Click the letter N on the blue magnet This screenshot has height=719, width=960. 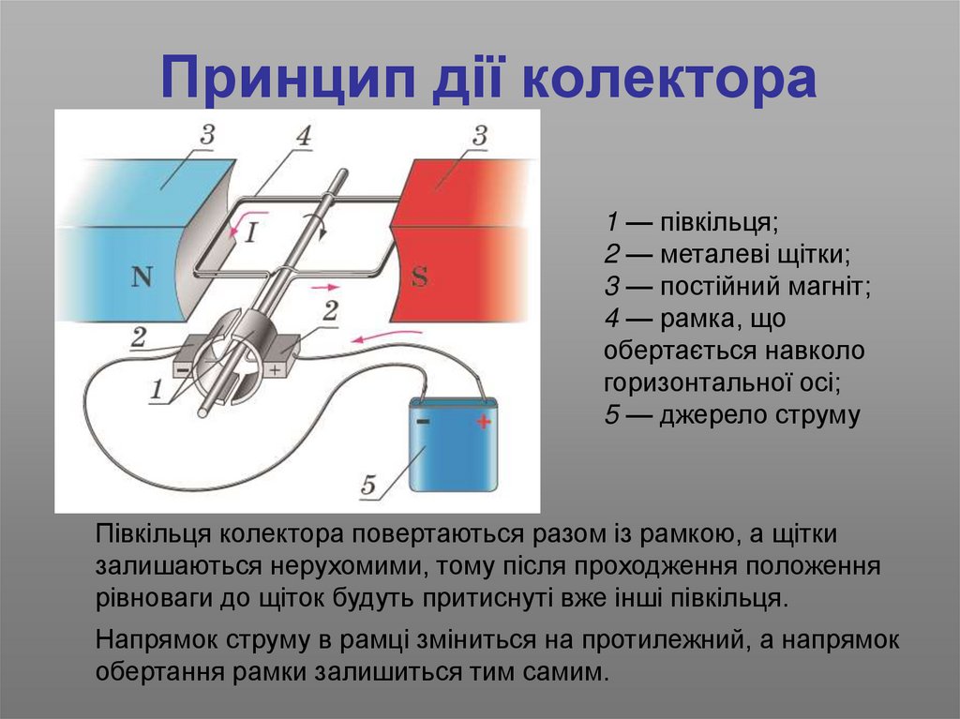pos(142,277)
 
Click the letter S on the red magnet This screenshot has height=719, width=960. pos(420,277)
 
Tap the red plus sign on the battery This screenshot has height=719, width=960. pos(483,422)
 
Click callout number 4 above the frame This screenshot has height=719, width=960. pos(302,136)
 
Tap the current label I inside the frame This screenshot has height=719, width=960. pos(251,233)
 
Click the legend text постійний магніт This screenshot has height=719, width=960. pos(765,287)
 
